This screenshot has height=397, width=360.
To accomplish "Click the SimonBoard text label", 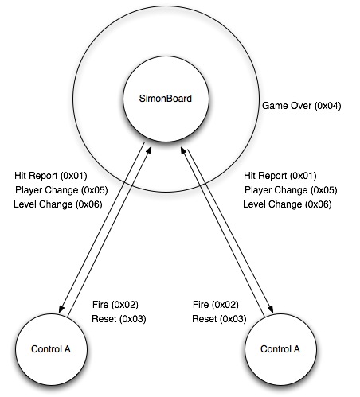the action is (x=166, y=99).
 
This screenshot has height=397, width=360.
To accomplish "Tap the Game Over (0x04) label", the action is (x=302, y=106).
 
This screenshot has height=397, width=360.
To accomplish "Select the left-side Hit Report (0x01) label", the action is (x=51, y=176).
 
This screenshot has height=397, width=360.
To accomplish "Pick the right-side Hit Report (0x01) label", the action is (x=280, y=176).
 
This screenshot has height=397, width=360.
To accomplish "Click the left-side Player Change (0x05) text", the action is (x=61, y=190).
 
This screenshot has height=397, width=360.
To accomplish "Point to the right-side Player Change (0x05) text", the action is (x=291, y=190).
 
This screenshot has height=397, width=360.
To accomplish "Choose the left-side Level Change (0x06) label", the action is (x=58, y=204).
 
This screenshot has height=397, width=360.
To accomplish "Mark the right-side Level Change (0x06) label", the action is (x=288, y=204).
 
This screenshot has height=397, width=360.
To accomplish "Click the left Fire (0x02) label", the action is (x=115, y=305).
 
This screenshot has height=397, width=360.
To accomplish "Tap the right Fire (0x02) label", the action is (x=216, y=305).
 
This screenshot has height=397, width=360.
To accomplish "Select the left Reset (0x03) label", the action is (x=119, y=319).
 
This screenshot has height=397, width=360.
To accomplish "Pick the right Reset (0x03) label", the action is (x=219, y=319).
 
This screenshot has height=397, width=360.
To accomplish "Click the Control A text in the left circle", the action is (x=51, y=349).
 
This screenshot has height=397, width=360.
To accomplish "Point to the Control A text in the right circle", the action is (x=280, y=349).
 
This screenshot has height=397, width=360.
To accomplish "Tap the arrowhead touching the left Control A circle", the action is (x=61, y=309).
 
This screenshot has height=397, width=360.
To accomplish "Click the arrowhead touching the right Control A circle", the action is (x=270, y=309).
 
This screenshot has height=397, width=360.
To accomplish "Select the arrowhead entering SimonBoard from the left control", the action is (x=149, y=150).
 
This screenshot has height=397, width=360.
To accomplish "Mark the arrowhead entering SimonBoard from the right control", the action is (x=184, y=150).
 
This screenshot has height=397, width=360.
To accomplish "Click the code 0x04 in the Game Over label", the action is (x=328, y=106).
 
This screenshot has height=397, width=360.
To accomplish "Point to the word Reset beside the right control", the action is (x=205, y=319).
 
